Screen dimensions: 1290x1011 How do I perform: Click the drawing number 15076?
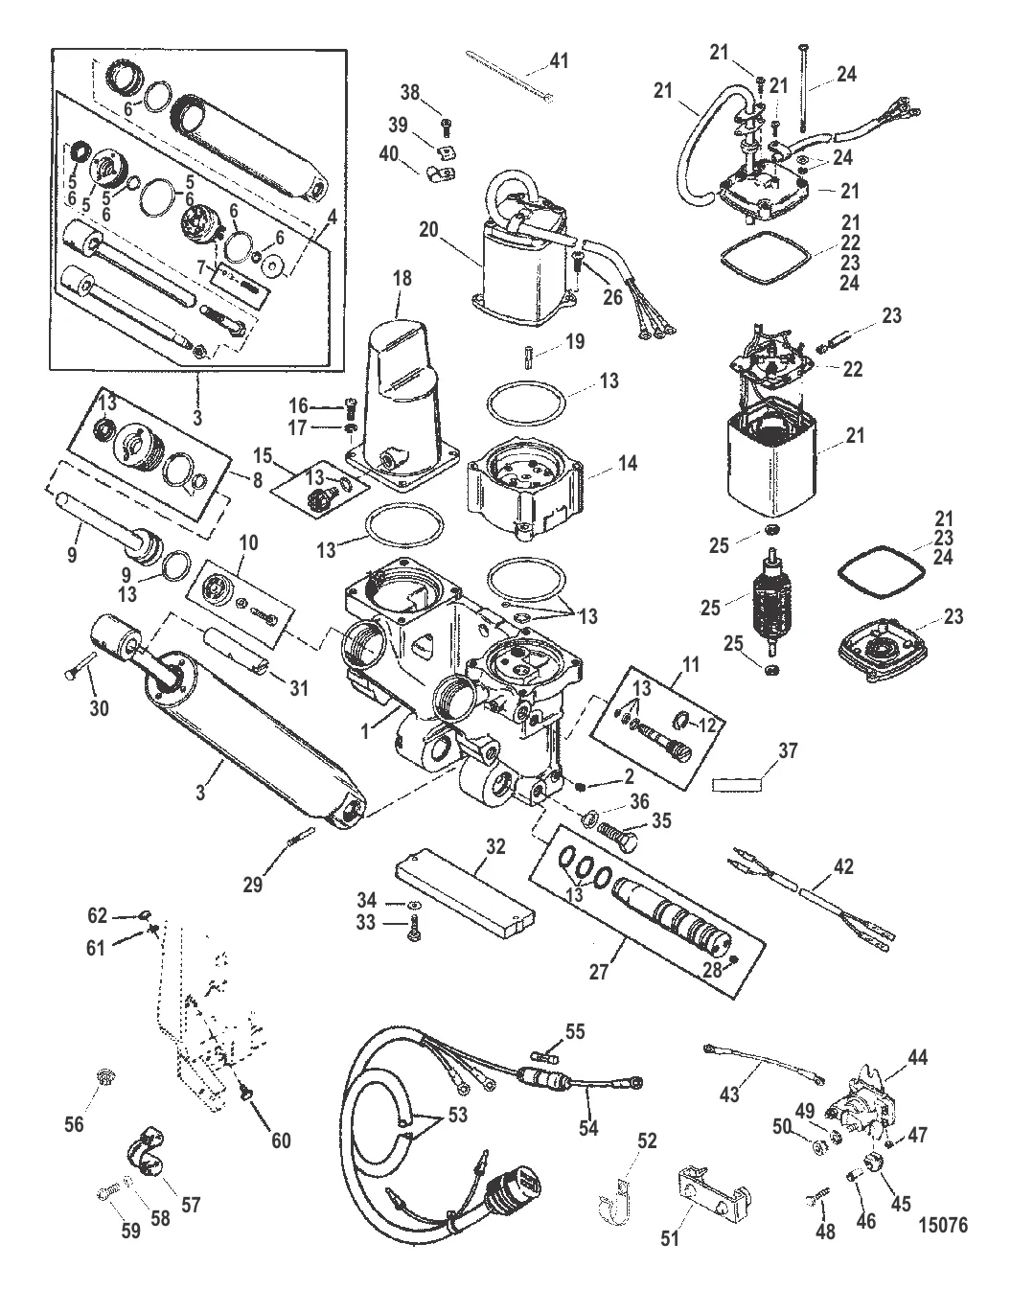[x=942, y=1223]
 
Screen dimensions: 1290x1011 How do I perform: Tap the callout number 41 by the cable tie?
[x=558, y=62]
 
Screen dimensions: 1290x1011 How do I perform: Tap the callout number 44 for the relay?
[x=917, y=1058]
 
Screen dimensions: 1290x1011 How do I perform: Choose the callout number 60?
[x=280, y=1140]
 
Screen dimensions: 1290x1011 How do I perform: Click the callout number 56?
[x=74, y=1124]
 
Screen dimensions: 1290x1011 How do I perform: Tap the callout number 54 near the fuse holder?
[x=587, y=1128]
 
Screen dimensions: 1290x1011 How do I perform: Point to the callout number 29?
[x=252, y=885]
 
